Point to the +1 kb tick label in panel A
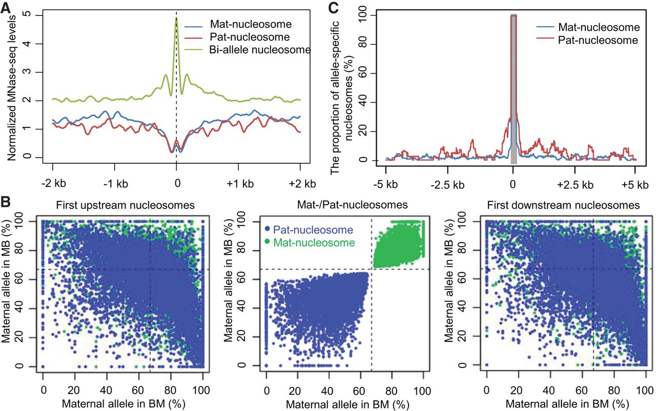238,183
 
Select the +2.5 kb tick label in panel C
576,184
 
